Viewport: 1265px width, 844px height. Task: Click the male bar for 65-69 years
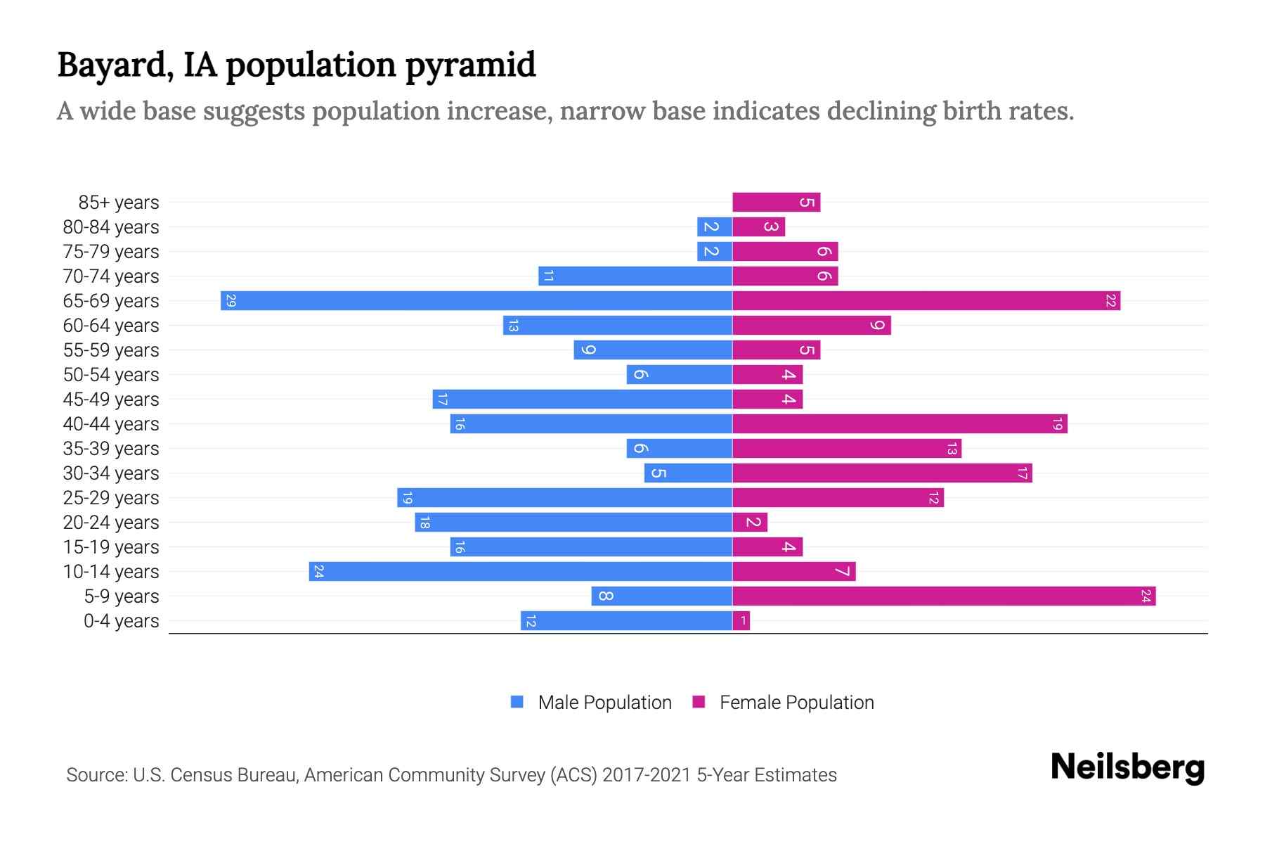point(476,301)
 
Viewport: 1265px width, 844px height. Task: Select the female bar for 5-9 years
point(944,596)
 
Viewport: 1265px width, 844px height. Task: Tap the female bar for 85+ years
point(776,203)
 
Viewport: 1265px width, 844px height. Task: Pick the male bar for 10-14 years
point(520,572)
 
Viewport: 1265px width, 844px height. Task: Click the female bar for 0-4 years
point(741,621)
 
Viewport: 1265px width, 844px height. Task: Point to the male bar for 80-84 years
point(714,227)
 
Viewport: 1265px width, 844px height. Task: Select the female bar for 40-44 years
point(900,424)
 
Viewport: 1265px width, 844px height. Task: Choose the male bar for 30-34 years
point(688,473)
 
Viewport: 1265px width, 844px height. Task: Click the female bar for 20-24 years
point(750,523)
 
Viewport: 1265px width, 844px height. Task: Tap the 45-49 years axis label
point(111,399)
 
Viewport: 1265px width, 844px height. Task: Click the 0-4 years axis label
point(121,621)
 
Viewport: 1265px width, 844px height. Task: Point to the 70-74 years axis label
point(111,276)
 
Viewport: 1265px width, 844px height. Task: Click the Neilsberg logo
point(1127,768)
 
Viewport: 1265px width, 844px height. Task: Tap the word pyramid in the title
point(470,65)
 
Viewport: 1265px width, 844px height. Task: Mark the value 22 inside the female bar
point(1110,301)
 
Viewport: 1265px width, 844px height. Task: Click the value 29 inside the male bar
point(231,301)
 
